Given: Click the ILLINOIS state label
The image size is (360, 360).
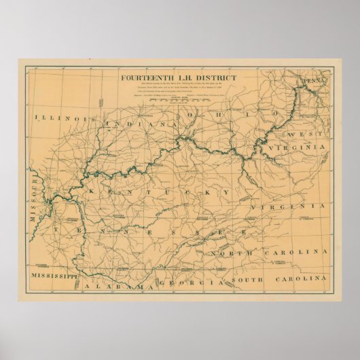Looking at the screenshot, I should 60,119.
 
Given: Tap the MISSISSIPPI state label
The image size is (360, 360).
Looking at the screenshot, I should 51,277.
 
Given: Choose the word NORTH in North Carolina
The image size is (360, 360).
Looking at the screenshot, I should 230,253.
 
